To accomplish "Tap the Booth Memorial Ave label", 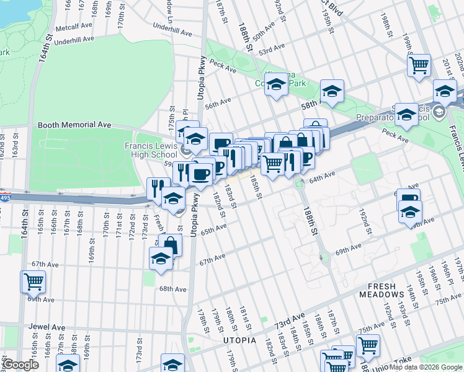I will point(74,125).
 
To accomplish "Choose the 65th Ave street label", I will point(213,229).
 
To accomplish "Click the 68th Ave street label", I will point(172,289).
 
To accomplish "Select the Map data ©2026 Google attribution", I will point(425,367).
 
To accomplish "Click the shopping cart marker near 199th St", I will point(420,64).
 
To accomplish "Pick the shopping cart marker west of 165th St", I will point(33,281).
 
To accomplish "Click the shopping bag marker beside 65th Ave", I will point(170,245).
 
